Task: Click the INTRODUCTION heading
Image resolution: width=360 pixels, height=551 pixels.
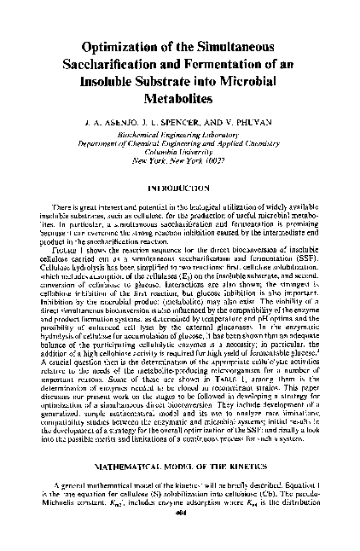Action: pos(179,186)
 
